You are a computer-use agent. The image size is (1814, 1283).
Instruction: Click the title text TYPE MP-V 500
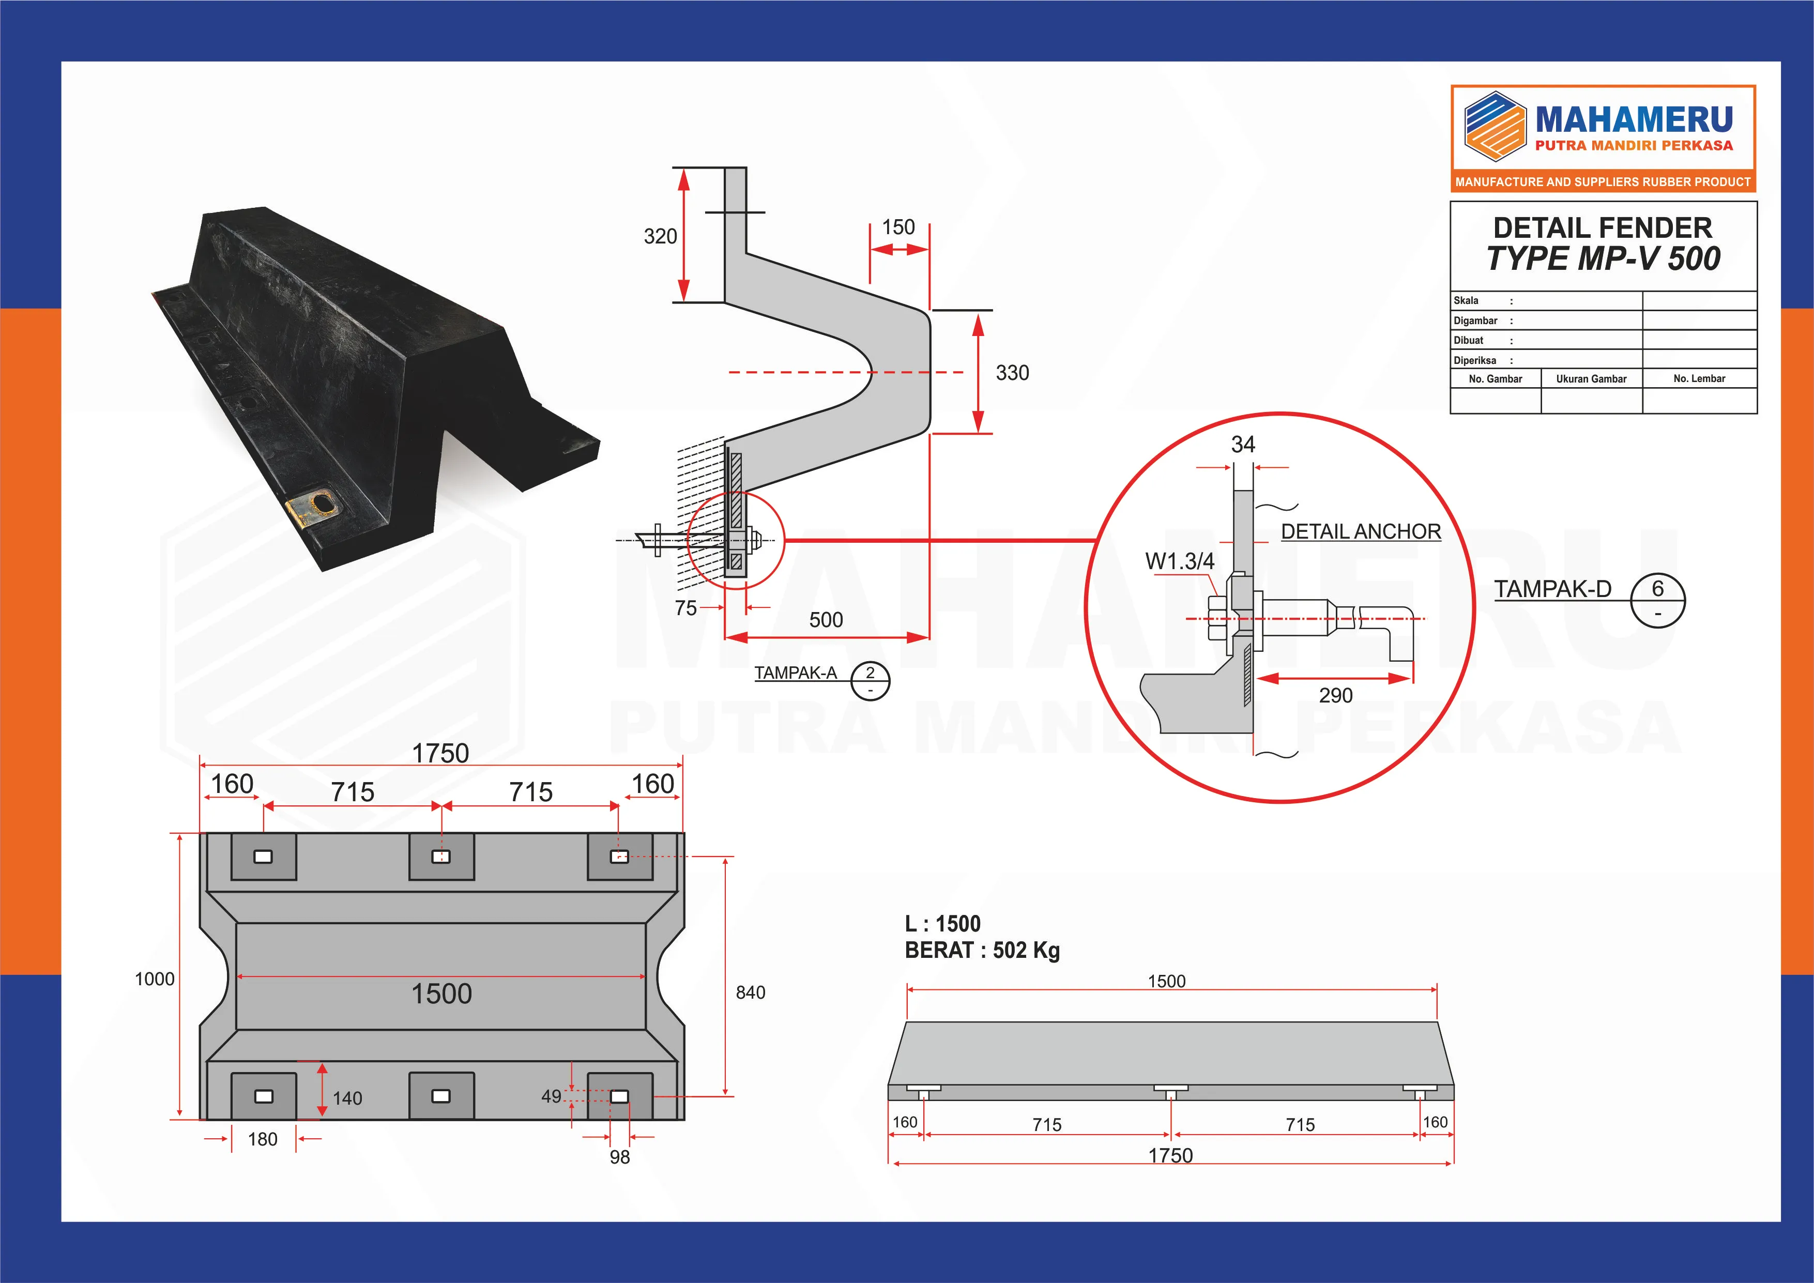(x=1603, y=259)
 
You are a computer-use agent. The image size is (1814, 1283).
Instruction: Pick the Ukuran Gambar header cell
(x=1591, y=379)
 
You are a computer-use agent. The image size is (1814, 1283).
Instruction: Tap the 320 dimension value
(x=661, y=236)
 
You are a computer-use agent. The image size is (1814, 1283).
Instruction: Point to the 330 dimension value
(x=1012, y=373)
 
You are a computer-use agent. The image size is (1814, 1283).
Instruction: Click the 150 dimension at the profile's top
(x=898, y=227)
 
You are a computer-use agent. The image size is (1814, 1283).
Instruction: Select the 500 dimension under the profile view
(x=826, y=620)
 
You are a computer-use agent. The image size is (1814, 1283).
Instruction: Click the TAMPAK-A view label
(x=795, y=673)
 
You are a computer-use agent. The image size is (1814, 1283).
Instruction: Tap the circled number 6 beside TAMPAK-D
(x=1657, y=589)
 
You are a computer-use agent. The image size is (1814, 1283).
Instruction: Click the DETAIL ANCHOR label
(x=1361, y=532)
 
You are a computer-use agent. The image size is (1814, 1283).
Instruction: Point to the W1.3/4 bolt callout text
(x=1180, y=562)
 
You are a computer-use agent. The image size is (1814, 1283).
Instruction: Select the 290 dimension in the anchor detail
(x=1335, y=696)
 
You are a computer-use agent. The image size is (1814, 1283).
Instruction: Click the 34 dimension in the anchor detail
(x=1243, y=445)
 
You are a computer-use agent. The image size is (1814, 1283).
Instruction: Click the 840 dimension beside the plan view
(x=751, y=993)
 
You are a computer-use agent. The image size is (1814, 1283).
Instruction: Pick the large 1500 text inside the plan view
(x=441, y=994)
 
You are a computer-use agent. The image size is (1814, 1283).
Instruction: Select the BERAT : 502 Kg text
(x=982, y=951)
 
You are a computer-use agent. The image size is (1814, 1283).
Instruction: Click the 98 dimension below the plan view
(x=619, y=1157)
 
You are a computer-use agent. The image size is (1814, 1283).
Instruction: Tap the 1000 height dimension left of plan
(x=155, y=980)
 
